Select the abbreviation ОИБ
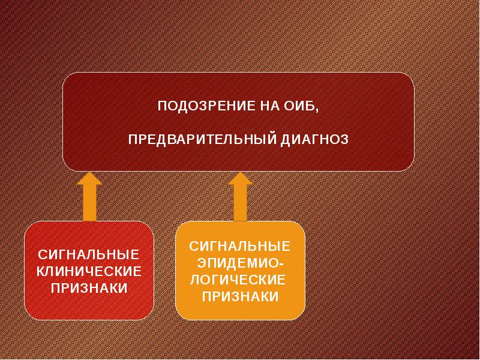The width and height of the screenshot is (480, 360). pyautogui.click(x=296, y=107)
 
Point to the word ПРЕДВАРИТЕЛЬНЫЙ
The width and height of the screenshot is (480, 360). pyautogui.click(x=202, y=139)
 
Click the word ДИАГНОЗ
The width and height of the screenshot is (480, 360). pyautogui.click(x=314, y=139)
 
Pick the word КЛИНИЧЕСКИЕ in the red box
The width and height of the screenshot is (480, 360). pyautogui.click(x=89, y=271)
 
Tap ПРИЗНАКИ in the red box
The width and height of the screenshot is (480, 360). pyautogui.click(x=89, y=288)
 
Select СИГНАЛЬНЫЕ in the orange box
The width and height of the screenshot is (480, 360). pyautogui.click(x=240, y=246)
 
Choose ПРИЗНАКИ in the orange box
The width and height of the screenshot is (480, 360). pyautogui.click(x=240, y=296)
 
